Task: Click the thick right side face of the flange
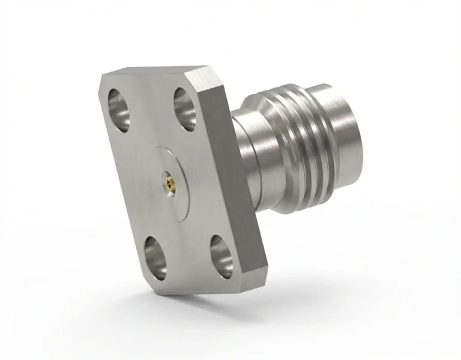coord(230,180)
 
